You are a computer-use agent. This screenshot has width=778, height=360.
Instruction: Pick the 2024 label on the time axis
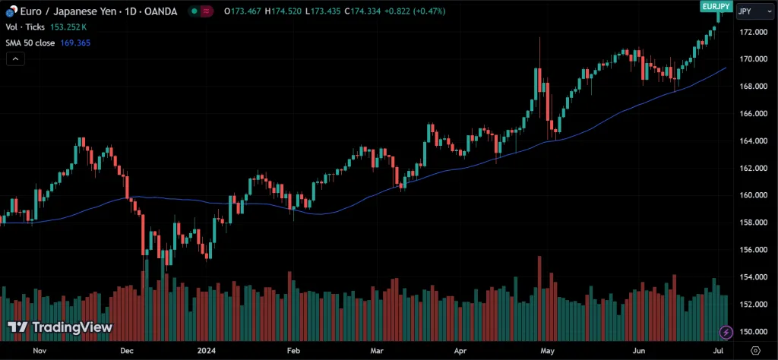pos(206,351)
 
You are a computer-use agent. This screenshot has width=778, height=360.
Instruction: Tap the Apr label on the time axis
pos(460,351)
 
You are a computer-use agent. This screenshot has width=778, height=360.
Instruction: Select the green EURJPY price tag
pos(716,5)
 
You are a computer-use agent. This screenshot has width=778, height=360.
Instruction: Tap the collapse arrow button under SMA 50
pos(15,59)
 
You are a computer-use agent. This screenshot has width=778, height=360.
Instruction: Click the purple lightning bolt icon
pos(727,333)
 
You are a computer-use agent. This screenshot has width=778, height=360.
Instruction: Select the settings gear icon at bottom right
pos(754,351)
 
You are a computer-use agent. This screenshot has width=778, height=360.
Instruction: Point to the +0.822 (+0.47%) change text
pos(419,11)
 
